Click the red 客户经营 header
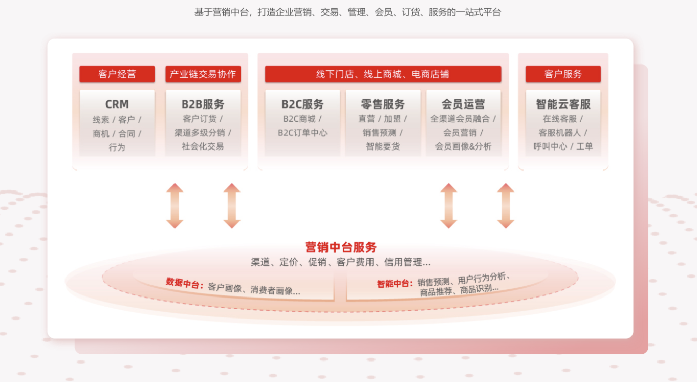tap(117, 74)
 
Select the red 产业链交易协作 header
tap(203, 74)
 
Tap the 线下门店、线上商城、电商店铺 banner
tap(382, 74)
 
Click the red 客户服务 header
tap(563, 74)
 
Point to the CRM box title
tap(117, 104)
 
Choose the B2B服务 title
tap(203, 104)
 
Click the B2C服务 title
tap(302, 104)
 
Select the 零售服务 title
tap(383, 104)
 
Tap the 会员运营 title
tap(463, 104)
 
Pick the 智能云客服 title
tap(563, 104)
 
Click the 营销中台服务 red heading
tap(341, 247)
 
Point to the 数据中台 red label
tap(184, 283)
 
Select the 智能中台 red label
tap(395, 284)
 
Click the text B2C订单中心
tap(302, 133)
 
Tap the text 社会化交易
tap(203, 146)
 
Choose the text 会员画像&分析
tap(463, 146)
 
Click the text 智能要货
tap(383, 146)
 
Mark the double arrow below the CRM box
tap(175, 206)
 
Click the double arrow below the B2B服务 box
tap(232, 206)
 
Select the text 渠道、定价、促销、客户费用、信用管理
tap(340, 262)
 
